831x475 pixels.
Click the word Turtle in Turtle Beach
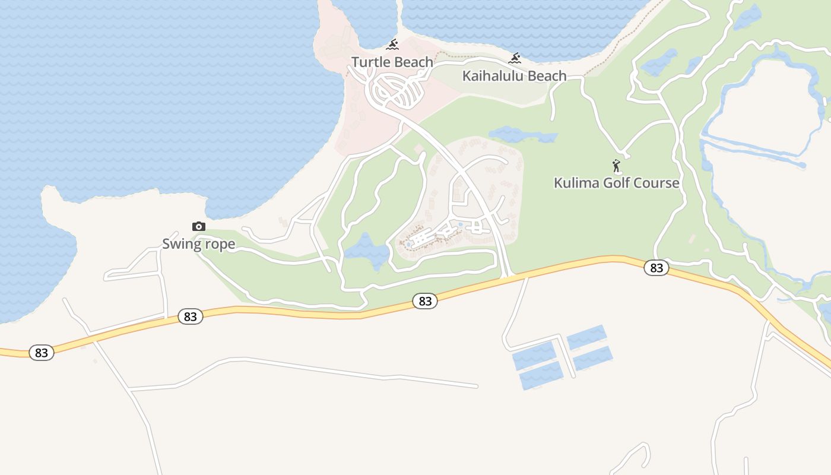[x=369, y=62]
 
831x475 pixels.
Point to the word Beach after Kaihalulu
[x=547, y=76]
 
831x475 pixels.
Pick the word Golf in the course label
[x=615, y=183]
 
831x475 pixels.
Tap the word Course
[x=656, y=183]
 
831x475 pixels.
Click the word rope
[x=220, y=245]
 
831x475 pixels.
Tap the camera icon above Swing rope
[x=199, y=226]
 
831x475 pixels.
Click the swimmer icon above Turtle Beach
[x=392, y=45]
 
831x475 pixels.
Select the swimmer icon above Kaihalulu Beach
[x=515, y=58]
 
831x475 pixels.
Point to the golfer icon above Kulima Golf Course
[x=616, y=166]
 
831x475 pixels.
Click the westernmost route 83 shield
[x=42, y=353]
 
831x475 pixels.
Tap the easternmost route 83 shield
[x=656, y=268]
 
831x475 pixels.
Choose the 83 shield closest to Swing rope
[x=191, y=316]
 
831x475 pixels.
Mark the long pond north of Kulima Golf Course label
[x=522, y=135]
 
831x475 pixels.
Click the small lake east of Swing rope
[x=367, y=252]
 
